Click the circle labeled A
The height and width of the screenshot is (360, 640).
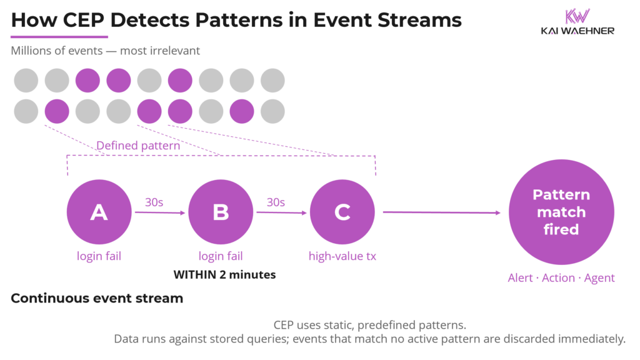(98, 212)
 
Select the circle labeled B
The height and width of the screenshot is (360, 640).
(220, 212)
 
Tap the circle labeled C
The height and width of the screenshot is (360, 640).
(342, 212)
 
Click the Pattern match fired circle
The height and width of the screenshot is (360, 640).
(561, 212)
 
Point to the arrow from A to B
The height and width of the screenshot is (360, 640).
(160, 212)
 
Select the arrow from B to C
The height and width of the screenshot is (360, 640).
(282, 212)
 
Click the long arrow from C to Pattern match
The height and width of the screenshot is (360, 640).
(441, 212)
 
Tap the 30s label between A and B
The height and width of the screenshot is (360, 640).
(154, 202)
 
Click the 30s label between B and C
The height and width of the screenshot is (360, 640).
(276, 202)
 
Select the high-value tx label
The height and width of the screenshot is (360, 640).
(342, 256)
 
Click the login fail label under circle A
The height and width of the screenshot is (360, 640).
(99, 256)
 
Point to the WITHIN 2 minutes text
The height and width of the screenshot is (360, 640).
(224, 274)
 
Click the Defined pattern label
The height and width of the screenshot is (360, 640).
(137, 146)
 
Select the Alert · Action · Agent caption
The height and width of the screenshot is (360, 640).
(561, 278)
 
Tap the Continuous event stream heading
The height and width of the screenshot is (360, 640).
(97, 299)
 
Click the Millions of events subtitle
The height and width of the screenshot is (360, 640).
(106, 51)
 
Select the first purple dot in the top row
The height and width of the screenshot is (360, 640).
(87, 81)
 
